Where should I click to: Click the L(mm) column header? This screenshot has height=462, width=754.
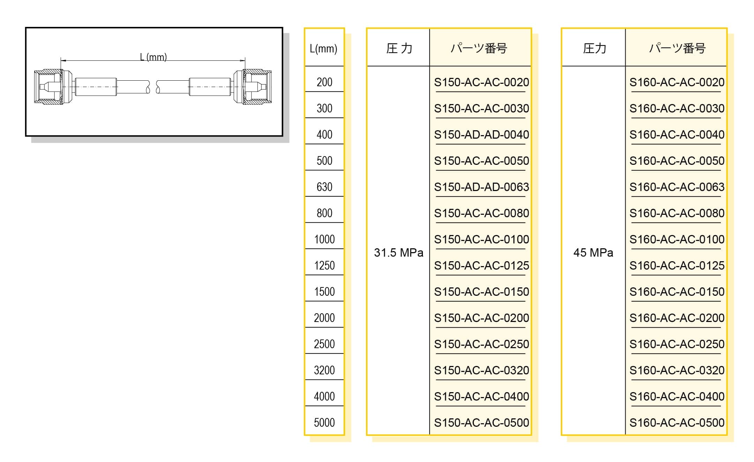(323, 49)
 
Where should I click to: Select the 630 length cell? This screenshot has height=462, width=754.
(324, 187)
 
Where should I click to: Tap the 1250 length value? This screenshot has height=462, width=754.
(324, 265)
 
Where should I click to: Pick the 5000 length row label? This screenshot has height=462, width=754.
(324, 423)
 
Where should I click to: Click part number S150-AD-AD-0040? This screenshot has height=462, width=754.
(481, 134)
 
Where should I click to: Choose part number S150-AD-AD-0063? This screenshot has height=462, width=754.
(481, 187)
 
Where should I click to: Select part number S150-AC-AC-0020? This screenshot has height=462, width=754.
(481, 82)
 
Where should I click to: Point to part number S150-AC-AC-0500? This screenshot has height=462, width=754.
(481, 423)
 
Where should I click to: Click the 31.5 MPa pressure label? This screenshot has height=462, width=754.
(398, 252)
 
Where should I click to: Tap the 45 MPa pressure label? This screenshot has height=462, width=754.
(593, 252)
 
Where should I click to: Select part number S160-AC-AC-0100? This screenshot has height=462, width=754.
(677, 239)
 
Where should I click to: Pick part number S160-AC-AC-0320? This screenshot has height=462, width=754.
(677, 370)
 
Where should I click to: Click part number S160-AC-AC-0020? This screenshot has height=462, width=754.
(677, 82)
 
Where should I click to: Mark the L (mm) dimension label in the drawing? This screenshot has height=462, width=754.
(153, 57)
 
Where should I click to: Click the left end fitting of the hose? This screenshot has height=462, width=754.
(49, 87)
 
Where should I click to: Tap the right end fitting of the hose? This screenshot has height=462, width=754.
(257, 87)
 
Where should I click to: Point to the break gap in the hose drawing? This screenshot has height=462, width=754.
(153, 87)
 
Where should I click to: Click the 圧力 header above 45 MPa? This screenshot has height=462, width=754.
(594, 49)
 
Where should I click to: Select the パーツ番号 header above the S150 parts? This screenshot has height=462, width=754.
(479, 49)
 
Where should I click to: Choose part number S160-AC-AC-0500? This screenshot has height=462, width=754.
(677, 423)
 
